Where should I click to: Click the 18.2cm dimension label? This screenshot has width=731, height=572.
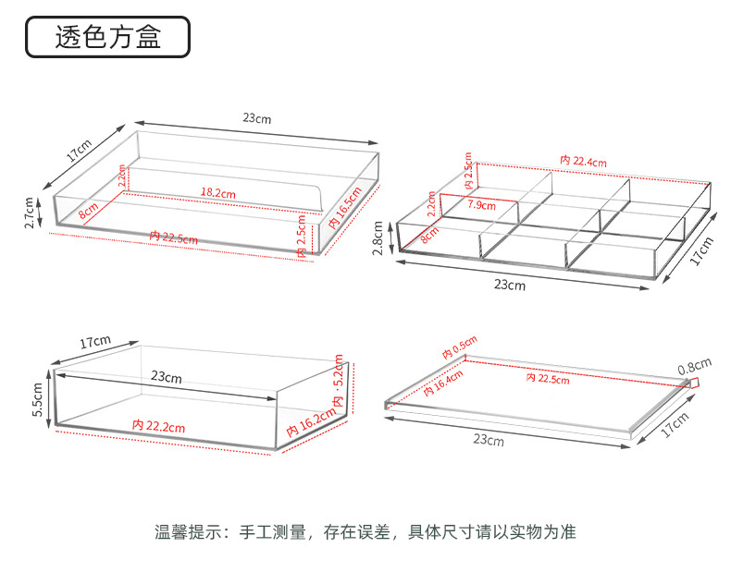pos(218,193)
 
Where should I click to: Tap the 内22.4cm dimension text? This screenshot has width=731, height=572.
pos(583,162)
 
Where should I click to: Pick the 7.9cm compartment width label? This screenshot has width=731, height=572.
pos(481,204)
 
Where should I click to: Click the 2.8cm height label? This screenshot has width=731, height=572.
pos(378,237)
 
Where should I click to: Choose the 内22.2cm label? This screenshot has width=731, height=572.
pos(159,426)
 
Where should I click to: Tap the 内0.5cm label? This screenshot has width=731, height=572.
pos(459,348)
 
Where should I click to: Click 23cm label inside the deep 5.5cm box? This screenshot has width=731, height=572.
pos(166,377)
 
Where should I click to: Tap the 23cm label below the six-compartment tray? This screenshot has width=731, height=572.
pos(510,285)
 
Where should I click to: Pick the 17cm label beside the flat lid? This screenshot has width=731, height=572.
pos(675,425)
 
